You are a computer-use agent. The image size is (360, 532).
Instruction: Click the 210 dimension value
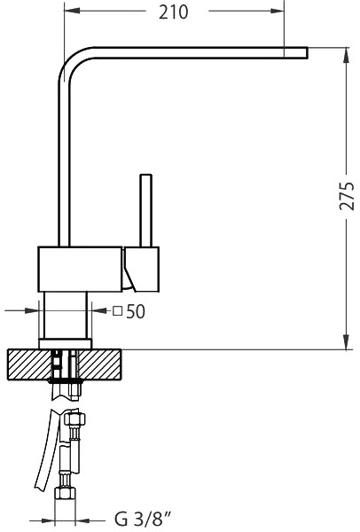173,12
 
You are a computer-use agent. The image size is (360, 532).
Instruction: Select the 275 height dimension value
347,196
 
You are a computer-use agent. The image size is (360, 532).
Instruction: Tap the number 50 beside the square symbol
136,311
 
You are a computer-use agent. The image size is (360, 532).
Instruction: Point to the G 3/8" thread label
143,519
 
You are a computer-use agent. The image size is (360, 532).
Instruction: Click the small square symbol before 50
117,311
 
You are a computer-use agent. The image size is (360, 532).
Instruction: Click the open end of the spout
307,53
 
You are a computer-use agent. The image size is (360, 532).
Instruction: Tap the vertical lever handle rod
145,210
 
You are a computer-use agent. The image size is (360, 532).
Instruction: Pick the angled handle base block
141,269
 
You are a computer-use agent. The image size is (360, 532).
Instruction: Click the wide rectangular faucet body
80,269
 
